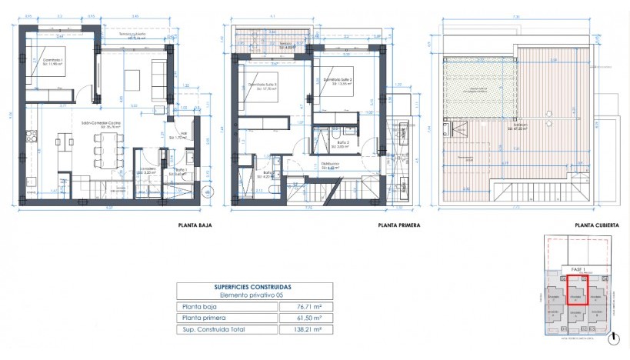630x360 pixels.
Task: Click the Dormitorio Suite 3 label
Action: click(265, 85)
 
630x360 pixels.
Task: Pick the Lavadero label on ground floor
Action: click(148, 170)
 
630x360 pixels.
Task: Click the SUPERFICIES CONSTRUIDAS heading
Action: click(255, 286)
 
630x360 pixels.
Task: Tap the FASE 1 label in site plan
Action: click(579, 269)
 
